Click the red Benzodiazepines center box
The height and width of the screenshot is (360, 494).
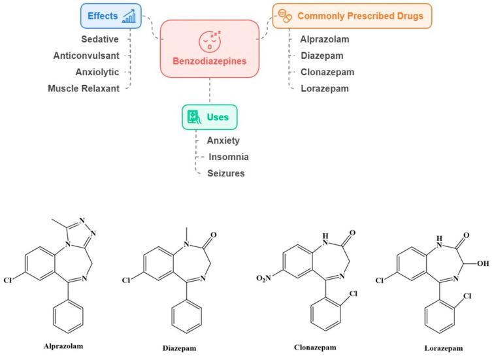tap(209, 49)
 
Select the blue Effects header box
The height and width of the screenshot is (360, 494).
tap(112, 16)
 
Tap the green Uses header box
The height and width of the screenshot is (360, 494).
tap(209, 118)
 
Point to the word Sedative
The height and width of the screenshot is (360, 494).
tap(99, 40)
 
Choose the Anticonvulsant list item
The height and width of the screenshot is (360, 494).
tap(86, 56)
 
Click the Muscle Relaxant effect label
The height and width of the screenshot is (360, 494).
tap(84, 88)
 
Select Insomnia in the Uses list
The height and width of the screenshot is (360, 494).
tap(229, 157)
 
